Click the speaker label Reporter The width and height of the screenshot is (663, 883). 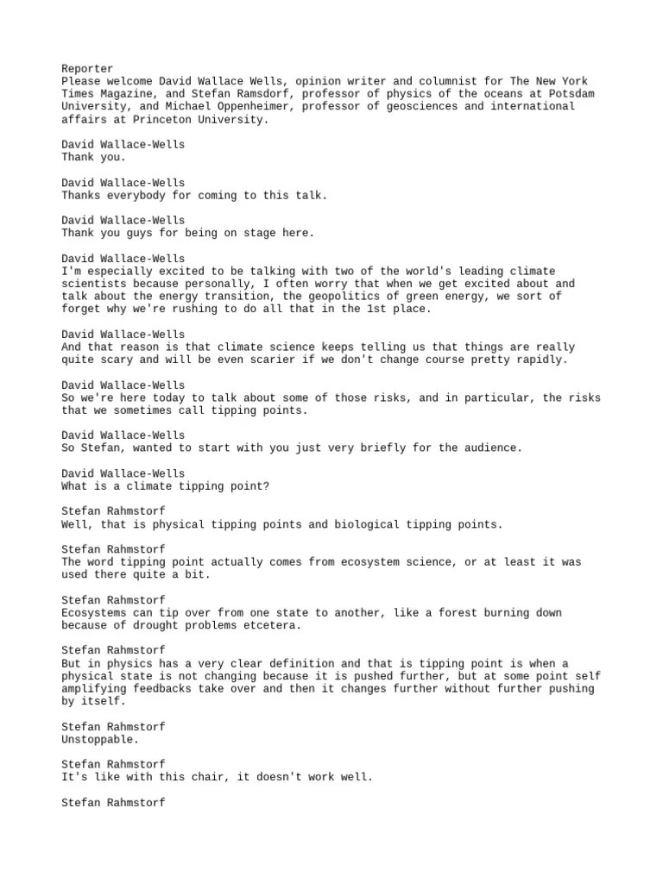pos(87,69)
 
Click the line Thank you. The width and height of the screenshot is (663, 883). pos(93,158)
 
